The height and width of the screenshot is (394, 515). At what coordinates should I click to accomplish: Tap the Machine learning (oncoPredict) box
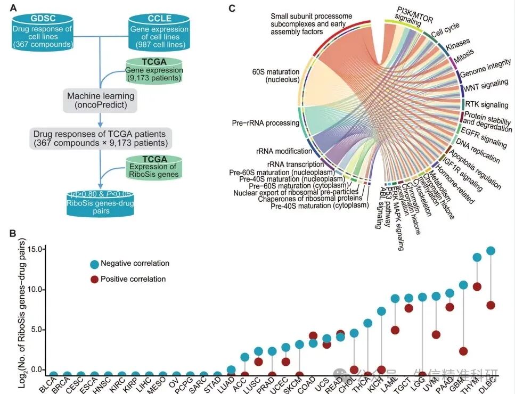pyautogui.click(x=101, y=101)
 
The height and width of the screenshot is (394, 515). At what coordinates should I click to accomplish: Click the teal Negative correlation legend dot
pyautogui.click(x=94, y=264)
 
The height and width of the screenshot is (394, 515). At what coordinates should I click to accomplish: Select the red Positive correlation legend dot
pyautogui.click(x=94, y=279)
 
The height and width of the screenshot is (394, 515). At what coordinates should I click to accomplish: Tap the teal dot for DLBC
pyautogui.click(x=491, y=250)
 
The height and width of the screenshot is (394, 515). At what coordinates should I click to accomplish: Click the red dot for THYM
pyautogui.click(x=477, y=286)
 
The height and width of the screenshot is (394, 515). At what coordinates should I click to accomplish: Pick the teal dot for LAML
pyautogui.click(x=395, y=298)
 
